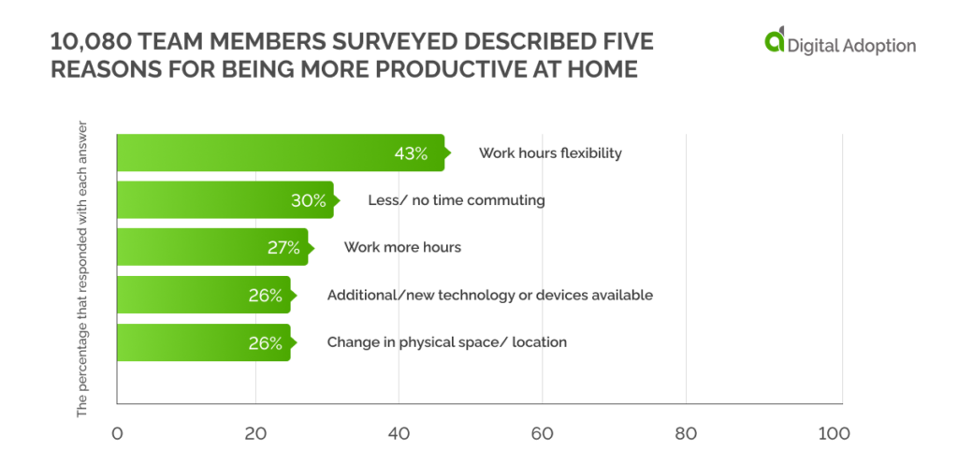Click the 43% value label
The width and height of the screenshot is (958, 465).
(412, 153)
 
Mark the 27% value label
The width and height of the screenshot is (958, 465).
(283, 248)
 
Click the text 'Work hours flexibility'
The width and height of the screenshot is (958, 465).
(550, 153)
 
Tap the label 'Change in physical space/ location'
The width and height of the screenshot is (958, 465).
(446, 342)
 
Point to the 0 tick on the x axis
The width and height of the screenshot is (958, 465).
(117, 434)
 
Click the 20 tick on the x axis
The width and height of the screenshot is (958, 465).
(254, 434)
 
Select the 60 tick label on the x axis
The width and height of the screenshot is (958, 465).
(544, 434)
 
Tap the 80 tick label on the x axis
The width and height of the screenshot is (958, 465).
(687, 434)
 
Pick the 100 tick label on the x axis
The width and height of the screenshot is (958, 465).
(832, 434)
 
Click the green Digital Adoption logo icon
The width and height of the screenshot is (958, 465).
(774, 42)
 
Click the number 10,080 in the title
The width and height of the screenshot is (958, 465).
(85, 43)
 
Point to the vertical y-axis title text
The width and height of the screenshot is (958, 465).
(82, 268)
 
